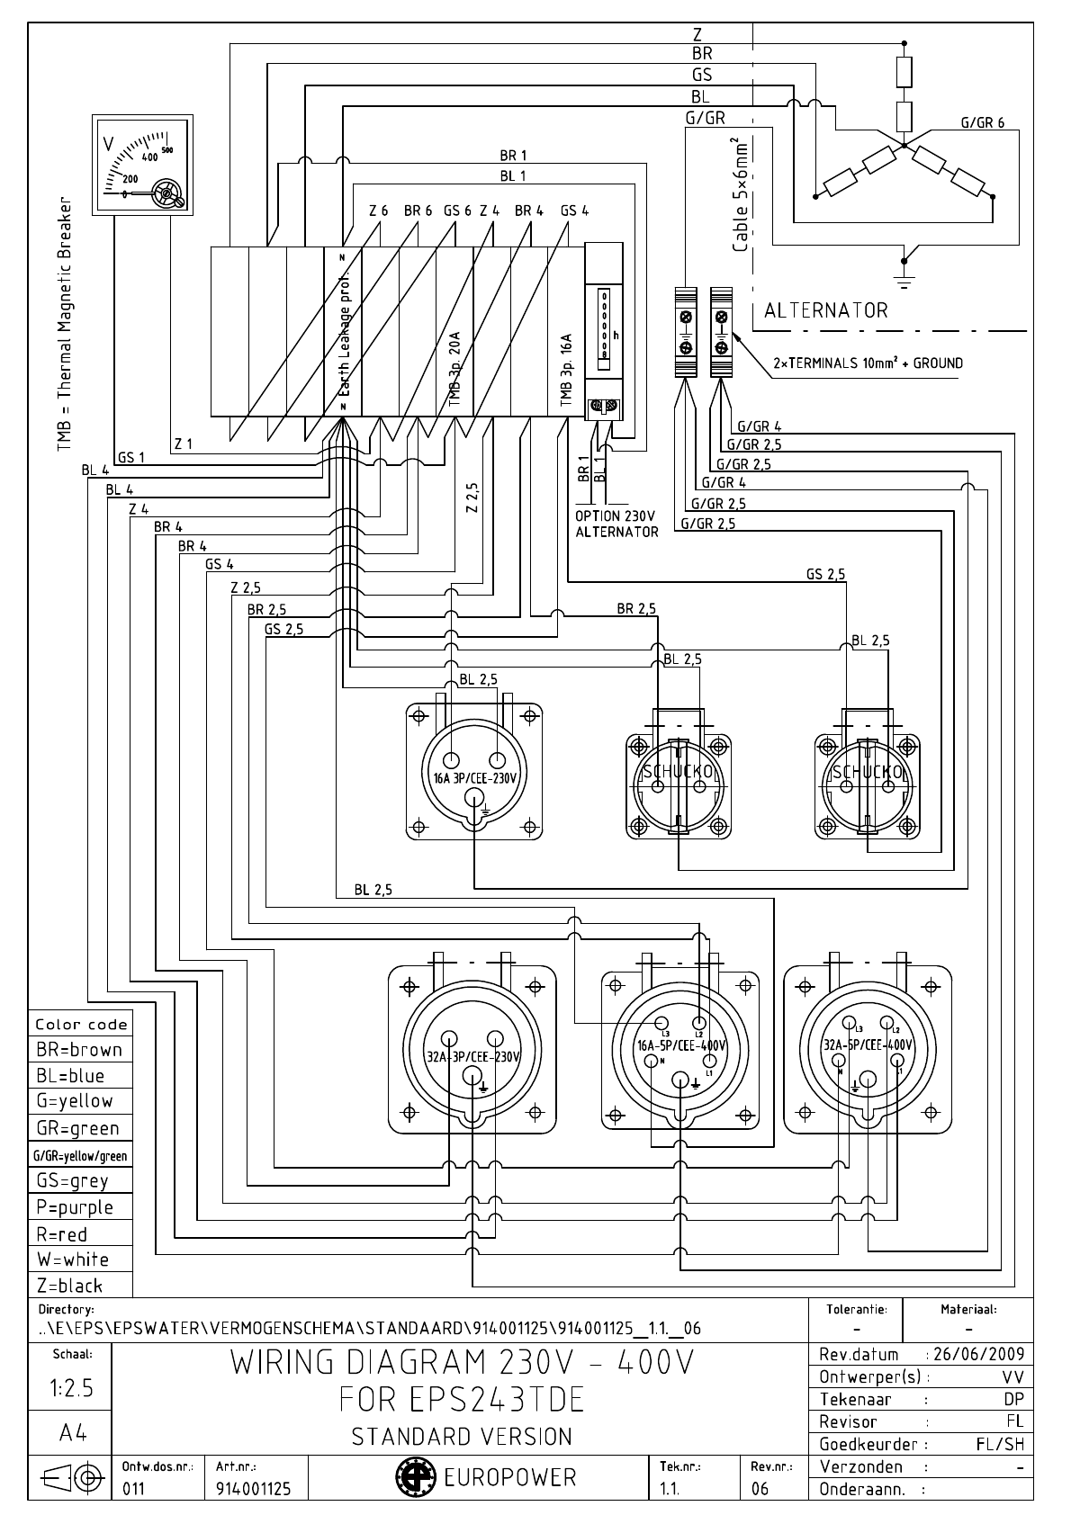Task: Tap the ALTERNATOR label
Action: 825,311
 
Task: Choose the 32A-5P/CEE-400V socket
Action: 868,1048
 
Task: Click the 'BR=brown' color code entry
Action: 79,1050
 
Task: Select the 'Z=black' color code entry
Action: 70,1286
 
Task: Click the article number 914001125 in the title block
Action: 253,1489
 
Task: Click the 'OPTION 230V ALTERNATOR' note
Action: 616,524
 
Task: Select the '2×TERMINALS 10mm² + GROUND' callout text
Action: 868,363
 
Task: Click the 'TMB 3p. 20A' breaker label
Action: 454,369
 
